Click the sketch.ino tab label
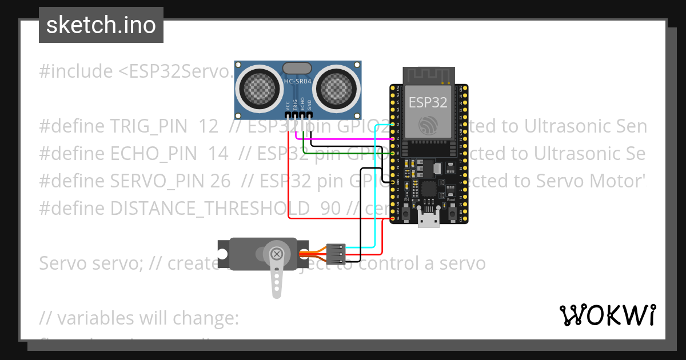pyautogui.click(x=101, y=25)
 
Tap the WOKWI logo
pyautogui.click(x=607, y=315)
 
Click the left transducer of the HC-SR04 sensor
pyautogui.click(x=260, y=87)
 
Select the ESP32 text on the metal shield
pyautogui.click(x=428, y=102)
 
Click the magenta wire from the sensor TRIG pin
pyautogui.click(x=343, y=138)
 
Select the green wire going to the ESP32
pyautogui.click(x=349, y=153)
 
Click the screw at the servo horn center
pyautogui.click(x=277, y=253)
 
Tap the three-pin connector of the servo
pyautogui.click(x=336, y=254)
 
